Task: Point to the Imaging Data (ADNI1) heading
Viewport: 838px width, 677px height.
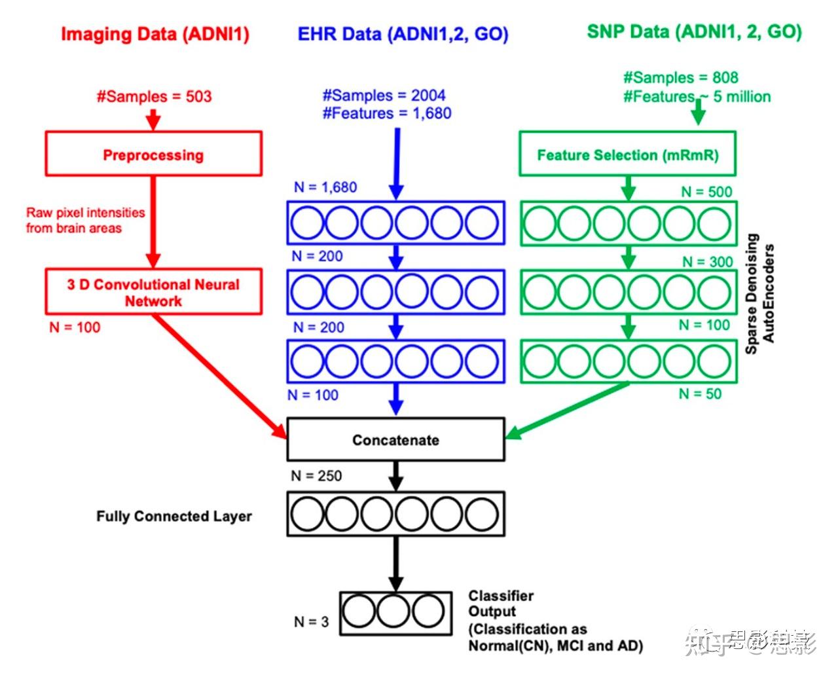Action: point(155,34)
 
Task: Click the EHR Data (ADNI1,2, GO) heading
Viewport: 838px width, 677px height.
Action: point(403,34)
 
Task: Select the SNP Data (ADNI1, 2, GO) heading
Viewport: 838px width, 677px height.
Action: point(695,32)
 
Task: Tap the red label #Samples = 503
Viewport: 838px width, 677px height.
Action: point(155,96)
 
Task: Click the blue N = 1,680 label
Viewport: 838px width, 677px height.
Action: point(325,187)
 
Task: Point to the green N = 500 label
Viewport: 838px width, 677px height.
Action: point(706,192)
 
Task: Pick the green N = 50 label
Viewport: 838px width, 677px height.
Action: point(700,393)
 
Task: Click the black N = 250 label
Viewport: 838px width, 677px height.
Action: point(316,476)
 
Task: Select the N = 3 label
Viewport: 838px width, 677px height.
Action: point(311,622)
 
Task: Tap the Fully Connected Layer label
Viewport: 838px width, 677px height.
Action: point(174,516)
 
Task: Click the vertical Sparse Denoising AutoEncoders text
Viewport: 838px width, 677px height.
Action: point(759,293)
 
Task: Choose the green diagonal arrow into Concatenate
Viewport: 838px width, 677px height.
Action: point(566,411)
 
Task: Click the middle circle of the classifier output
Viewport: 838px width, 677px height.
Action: point(393,611)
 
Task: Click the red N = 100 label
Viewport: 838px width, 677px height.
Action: point(75,327)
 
